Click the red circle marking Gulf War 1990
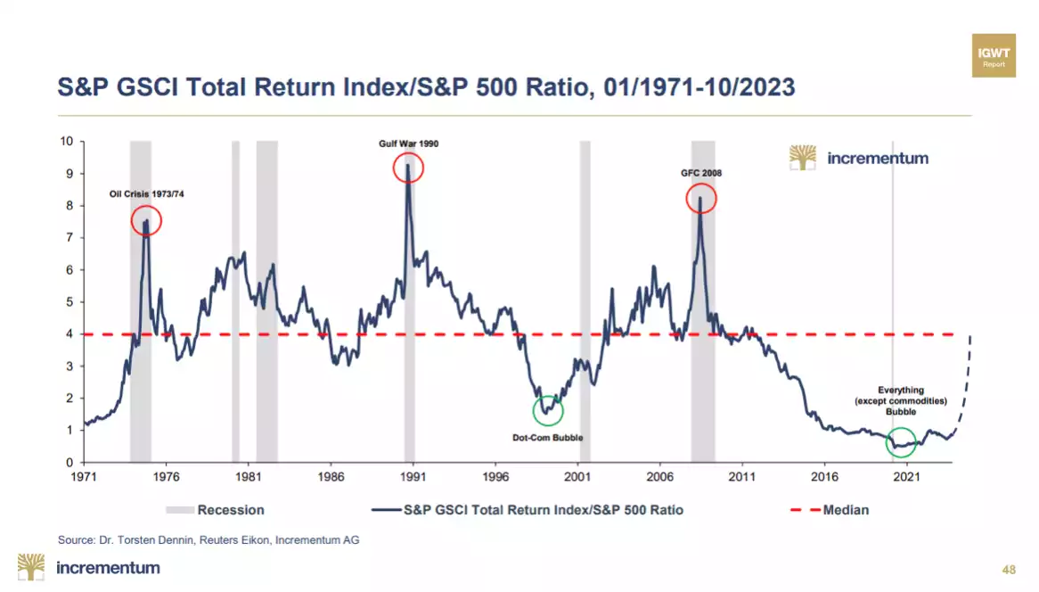[408, 168]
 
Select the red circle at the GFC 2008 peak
[701, 198]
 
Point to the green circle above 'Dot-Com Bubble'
[548, 410]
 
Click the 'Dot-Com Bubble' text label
[547, 438]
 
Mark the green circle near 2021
[901, 442]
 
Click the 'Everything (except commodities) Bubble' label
[900, 400]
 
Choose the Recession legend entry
[215, 510]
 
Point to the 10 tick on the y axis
[67, 141]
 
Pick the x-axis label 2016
[824, 477]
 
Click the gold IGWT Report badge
[994, 56]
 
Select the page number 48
[1009, 570]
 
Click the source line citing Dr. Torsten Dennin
[209, 539]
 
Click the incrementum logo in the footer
[89, 568]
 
